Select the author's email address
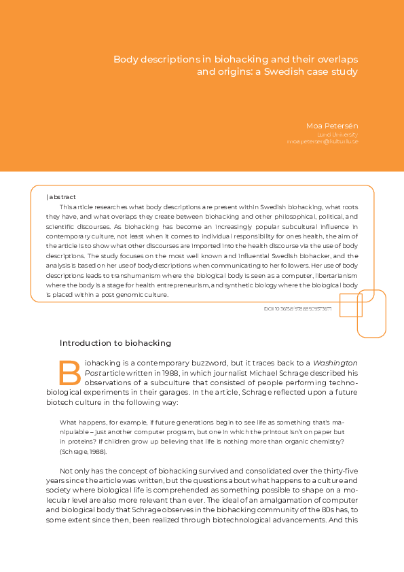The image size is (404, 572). click(x=323, y=141)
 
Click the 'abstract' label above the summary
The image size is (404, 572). click(x=62, y=196)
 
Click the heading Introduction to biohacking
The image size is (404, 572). click(x=115, y=343)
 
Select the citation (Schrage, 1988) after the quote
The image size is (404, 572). click(x=83, y=451)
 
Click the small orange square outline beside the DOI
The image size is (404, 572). click(x=350, y=306)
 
